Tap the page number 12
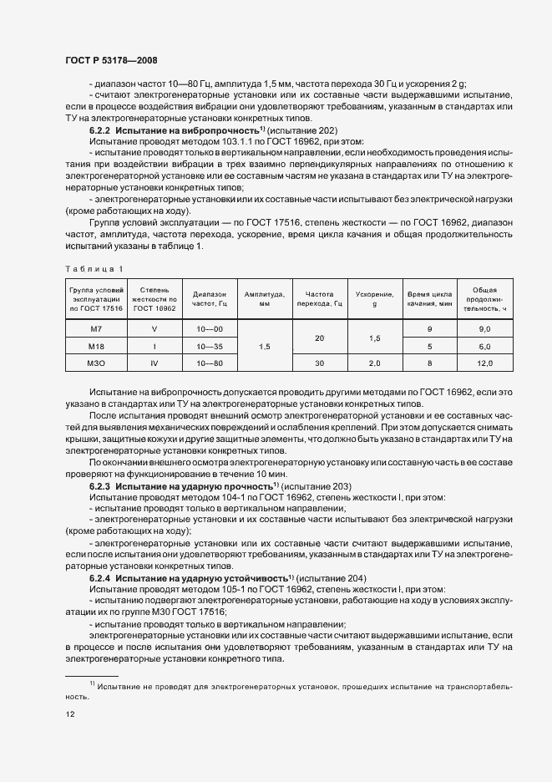point(69,715)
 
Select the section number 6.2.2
point(99,132)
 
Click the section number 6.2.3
point(99,485)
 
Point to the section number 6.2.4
point(99,579)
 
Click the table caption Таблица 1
point(94,267)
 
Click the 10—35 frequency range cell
point(209,347)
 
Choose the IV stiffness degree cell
point(154,363)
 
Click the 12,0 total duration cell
point(484,363)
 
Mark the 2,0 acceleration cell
point(374,363)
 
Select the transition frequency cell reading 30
point(318,363)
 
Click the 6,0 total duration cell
point(484,347)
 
